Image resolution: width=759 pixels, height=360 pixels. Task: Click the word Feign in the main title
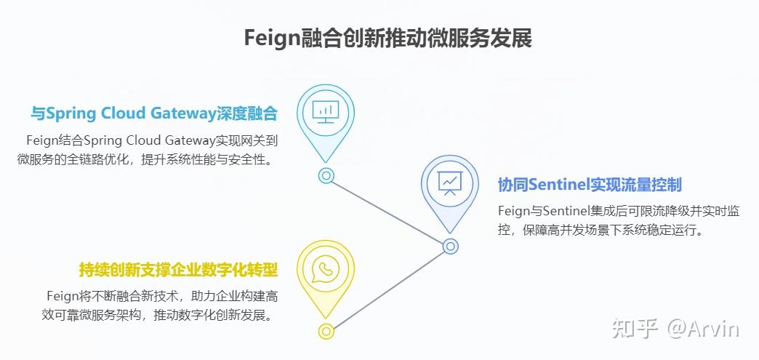point(271,38)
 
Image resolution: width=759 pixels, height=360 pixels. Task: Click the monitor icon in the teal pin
point(326,111)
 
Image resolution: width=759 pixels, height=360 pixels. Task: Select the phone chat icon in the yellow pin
point(325,270)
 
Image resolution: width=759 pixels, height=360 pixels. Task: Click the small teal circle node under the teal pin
point(326,175)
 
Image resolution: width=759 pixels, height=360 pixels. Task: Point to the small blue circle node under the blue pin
point(451,247)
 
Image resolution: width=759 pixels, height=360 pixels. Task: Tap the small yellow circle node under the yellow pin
point(325,332)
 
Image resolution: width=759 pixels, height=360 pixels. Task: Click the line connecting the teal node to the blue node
point(388,211)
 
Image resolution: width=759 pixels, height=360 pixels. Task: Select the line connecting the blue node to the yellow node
point(388,289)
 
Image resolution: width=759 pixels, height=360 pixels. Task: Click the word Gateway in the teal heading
point(185,113)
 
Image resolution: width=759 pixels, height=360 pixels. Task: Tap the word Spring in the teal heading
point(71,113)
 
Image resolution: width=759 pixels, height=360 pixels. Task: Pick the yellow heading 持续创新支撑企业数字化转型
point(178,270)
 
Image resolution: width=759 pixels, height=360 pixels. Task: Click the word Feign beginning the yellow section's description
point(61,296)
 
